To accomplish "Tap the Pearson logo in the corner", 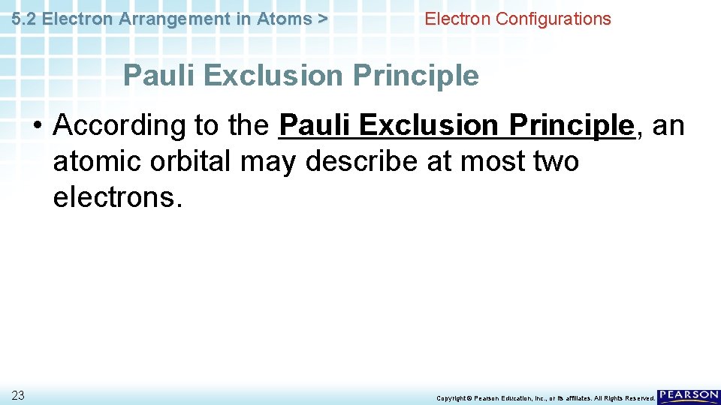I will click(x=688, y=397).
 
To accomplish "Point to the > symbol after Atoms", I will click(x=322, y=19).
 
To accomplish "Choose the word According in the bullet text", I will click(x=118, y=125).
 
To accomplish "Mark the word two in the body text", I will click(x=554, y=160).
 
